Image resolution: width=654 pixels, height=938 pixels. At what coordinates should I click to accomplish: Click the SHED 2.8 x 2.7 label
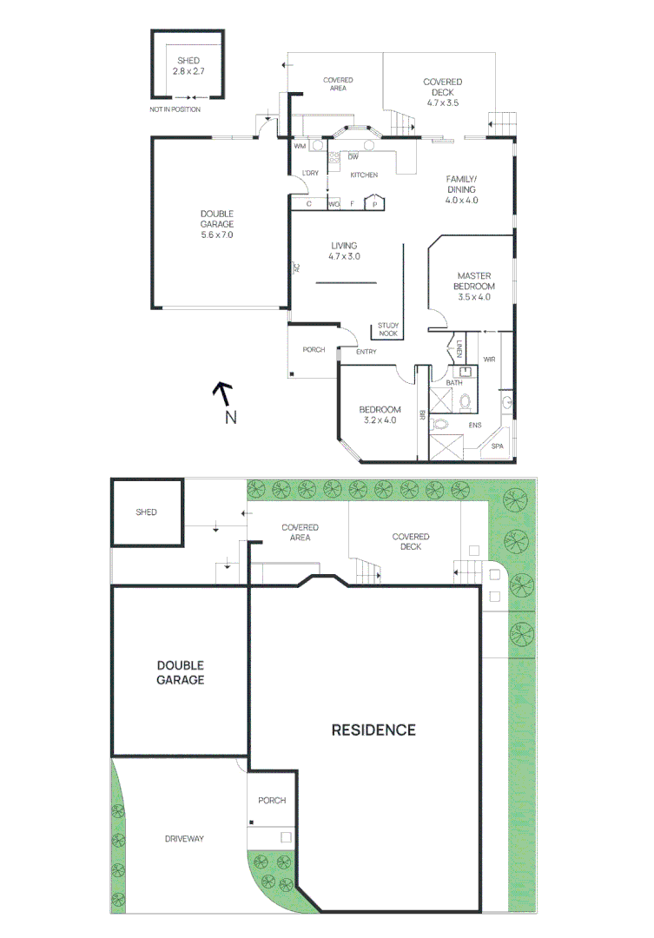point(188,65)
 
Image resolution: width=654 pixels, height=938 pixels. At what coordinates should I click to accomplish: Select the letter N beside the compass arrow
point(230,418)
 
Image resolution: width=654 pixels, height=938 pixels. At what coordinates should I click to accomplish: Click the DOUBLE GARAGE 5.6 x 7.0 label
point(216,224)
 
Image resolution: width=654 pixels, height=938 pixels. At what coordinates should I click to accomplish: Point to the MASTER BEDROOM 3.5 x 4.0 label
point(474,287)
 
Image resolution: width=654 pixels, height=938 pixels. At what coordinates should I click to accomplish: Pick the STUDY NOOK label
point(387,329)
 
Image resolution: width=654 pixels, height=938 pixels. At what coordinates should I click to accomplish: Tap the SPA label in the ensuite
point(497,446)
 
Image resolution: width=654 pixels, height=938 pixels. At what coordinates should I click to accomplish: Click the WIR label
point(488,358)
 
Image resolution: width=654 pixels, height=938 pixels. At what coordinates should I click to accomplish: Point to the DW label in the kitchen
point(353,157)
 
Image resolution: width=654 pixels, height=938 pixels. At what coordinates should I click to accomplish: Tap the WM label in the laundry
point(300,146)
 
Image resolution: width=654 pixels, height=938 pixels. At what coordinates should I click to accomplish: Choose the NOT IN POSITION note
point(175,109)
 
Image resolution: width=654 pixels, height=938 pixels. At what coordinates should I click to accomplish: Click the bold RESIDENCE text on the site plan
point(373,730)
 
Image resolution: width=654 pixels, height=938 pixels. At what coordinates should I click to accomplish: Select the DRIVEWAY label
point(184,838)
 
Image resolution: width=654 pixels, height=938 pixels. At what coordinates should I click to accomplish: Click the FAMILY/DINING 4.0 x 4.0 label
point(462,190)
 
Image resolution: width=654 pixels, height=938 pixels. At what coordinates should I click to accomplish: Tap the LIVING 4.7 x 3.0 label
point(344,251)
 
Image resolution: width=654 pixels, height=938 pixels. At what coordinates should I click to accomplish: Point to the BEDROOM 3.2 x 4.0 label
point(380,415)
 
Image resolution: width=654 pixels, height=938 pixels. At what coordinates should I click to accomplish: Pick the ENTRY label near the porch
point(367,352)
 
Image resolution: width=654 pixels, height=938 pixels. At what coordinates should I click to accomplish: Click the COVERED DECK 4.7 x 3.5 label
point(442,92)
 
